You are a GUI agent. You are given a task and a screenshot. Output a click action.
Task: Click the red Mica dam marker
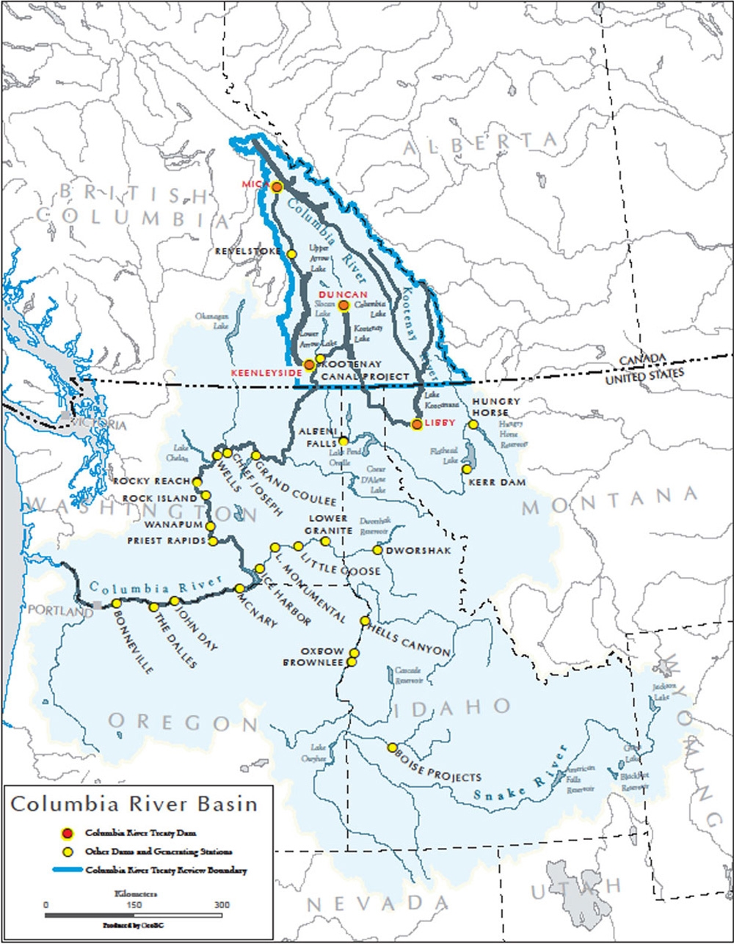[277, 187]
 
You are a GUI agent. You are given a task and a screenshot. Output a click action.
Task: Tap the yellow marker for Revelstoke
[291, 254]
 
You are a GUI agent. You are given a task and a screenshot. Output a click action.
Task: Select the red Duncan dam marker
[344, 305]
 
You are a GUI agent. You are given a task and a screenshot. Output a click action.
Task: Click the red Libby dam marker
[416, 424]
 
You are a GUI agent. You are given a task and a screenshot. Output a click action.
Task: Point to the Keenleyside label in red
[266, 373]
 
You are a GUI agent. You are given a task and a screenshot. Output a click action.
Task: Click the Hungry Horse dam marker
[473, 425]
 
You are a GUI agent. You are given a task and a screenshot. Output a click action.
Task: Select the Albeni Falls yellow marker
[343, 442]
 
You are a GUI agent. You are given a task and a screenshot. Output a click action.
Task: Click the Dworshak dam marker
[377, 549]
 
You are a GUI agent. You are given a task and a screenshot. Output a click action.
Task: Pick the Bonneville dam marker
[116, 603]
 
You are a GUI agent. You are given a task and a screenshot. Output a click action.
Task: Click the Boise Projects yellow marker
[392, 747]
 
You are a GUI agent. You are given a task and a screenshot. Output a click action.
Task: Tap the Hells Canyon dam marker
[365, 621]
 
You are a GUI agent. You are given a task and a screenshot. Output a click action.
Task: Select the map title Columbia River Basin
[134, 804]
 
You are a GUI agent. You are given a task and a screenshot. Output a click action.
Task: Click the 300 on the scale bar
[222, 904]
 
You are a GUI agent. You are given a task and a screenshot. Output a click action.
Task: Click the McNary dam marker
[239, 588]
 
